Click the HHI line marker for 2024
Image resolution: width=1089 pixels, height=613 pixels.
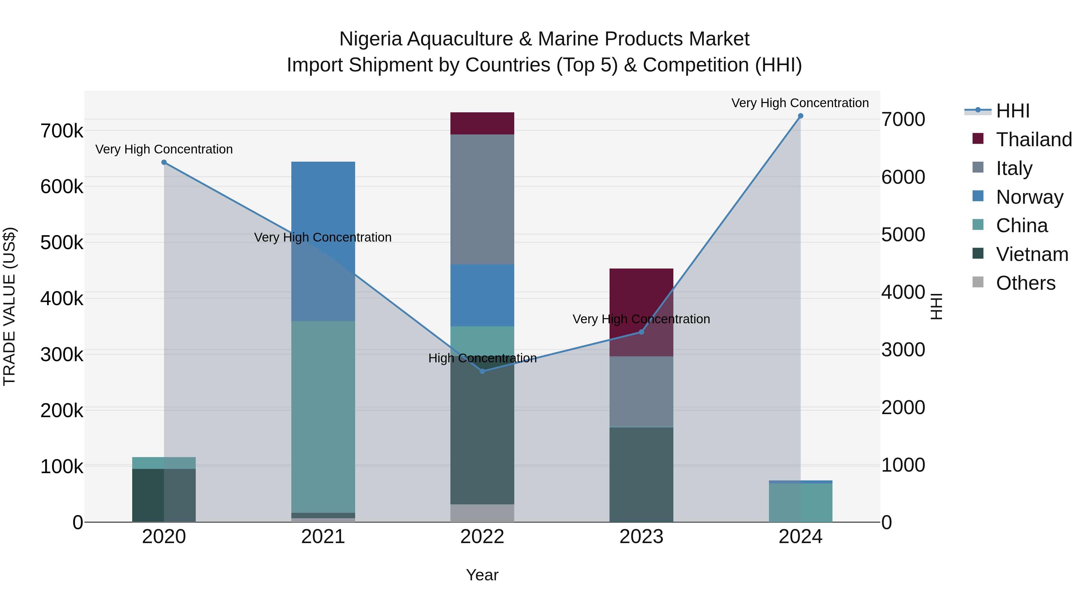800,116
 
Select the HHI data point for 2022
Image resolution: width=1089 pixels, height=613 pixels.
482,371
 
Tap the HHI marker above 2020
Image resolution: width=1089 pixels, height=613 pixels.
164,163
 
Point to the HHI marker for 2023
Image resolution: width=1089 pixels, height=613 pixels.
641,332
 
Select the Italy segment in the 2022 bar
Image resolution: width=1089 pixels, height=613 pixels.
482,199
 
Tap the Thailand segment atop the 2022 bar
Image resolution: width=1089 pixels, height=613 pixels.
482,123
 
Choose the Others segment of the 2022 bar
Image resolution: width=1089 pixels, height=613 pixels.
482,513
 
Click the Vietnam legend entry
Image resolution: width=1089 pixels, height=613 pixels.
1032,254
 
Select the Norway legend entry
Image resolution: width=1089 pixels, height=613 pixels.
1029,197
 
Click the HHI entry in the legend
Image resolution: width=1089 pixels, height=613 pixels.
1012,111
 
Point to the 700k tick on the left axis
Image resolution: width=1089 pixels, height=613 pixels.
62,131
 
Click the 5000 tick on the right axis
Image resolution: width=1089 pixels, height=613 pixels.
903,235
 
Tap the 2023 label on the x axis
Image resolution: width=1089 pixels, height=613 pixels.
641,537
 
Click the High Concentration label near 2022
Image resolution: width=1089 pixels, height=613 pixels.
482,358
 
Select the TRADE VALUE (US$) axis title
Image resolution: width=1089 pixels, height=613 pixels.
9,306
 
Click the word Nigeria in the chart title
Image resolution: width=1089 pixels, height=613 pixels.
370,39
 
